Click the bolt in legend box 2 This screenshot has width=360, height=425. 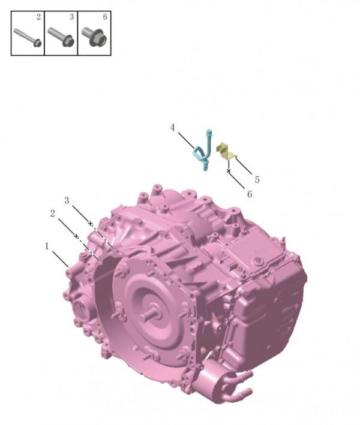(27, 37)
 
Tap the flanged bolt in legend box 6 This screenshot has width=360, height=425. (95, 37)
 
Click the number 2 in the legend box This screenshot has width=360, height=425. (38, 17)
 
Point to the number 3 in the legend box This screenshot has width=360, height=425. (71, 17)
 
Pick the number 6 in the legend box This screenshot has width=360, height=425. (105, 17)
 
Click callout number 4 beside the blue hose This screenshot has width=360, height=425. (173, 128)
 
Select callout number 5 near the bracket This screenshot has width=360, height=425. (257, 179)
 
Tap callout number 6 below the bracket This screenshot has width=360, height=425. (250, 194)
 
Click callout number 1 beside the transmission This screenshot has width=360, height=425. (47, 246)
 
